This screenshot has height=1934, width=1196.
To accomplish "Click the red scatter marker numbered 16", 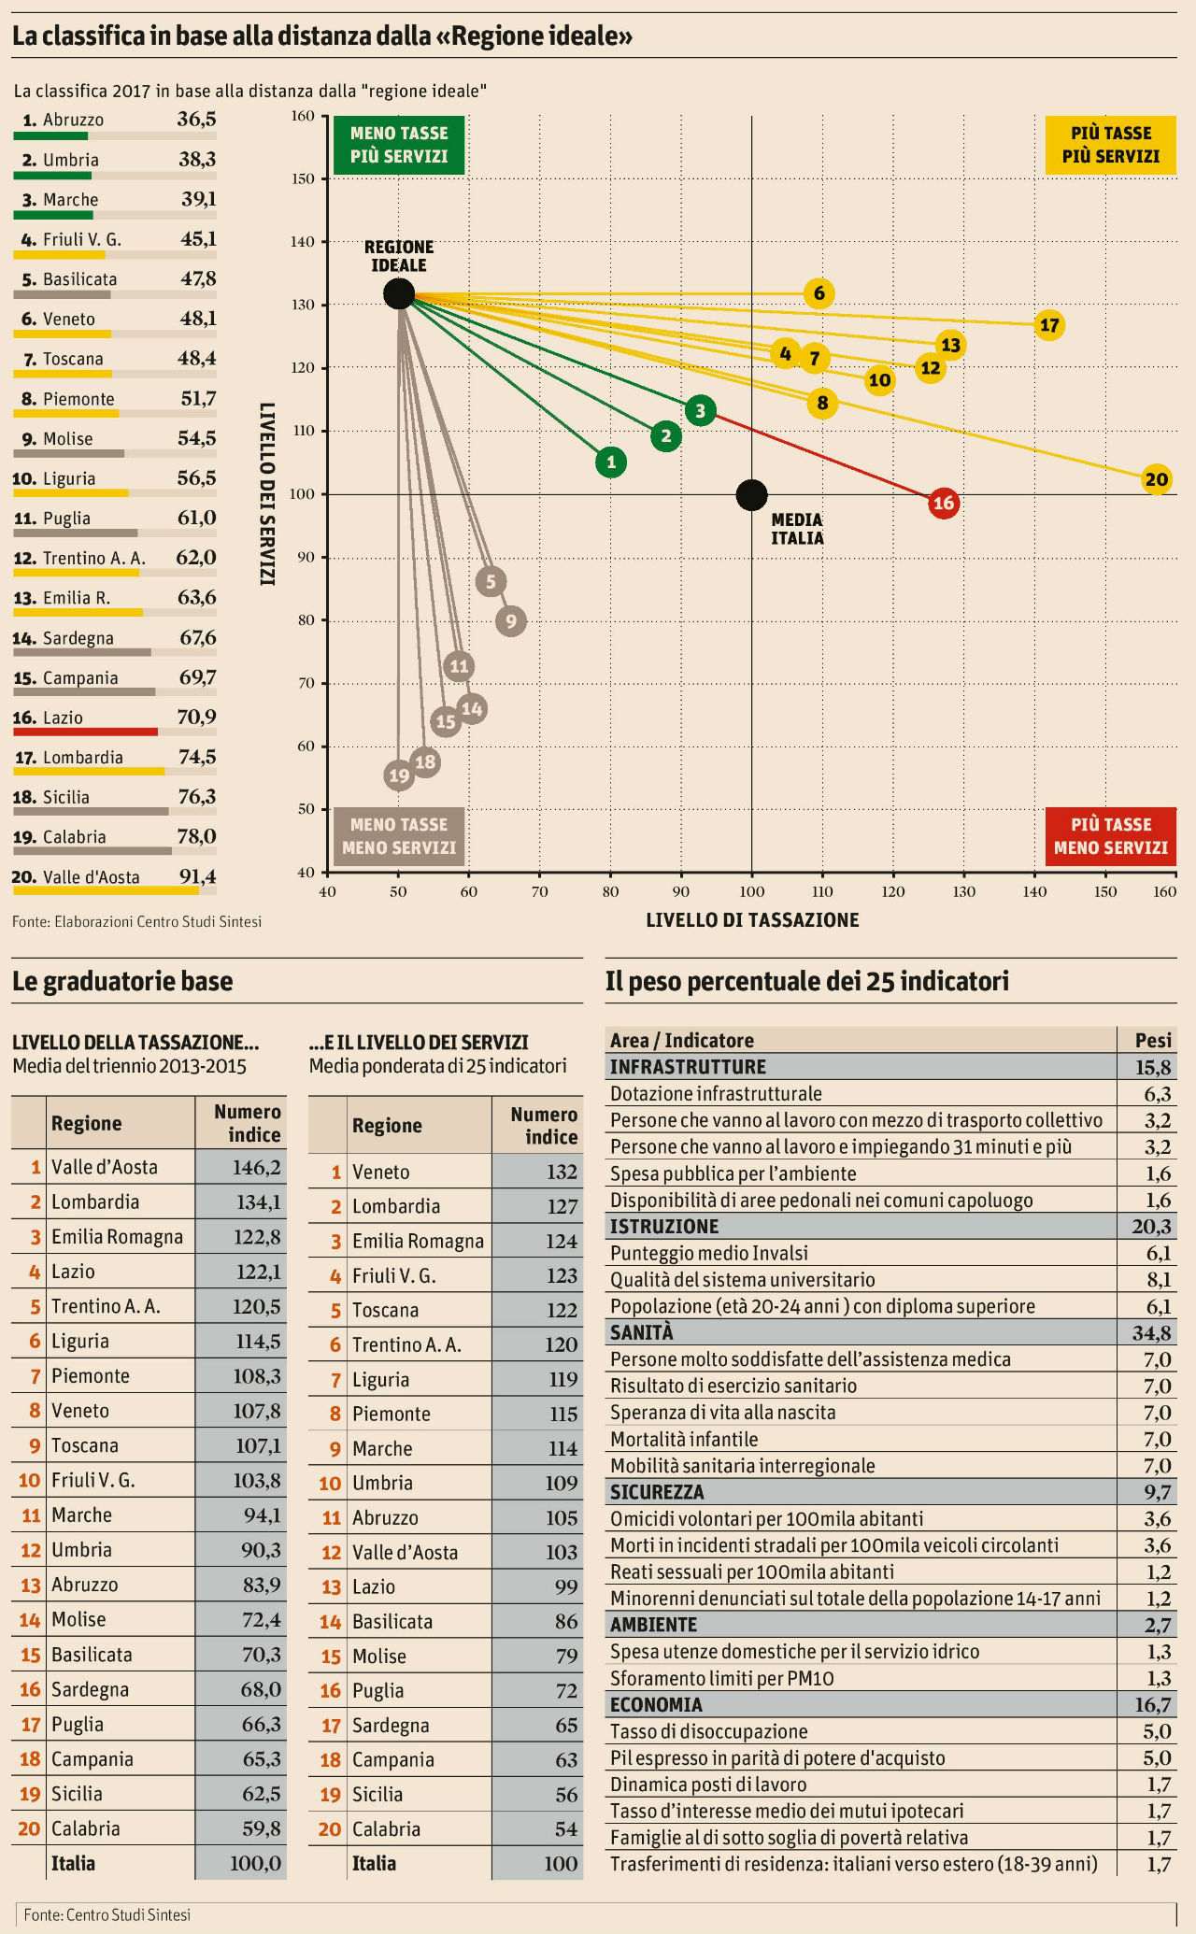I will (944, 504).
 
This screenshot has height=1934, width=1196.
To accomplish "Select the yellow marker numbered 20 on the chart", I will (1156, 480).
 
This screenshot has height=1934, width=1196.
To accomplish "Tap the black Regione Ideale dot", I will (399, 293).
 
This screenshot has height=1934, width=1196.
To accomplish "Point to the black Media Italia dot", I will (751, 495).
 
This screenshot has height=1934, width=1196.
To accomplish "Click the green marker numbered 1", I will (610, 462).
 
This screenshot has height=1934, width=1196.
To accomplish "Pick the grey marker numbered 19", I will (399, 775).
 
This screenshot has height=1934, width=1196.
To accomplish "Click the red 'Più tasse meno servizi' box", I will (1110, 836).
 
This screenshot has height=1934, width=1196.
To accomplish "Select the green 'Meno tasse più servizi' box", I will (399, 145).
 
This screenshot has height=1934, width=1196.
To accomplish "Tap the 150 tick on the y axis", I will (304, 179).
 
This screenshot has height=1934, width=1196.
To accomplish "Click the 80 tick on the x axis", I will (610, 891).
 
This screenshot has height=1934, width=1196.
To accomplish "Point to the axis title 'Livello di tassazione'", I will (752, 920).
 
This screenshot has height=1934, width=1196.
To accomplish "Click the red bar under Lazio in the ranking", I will (85, 732).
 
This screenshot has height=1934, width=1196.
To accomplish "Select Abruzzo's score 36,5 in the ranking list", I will (196, 120).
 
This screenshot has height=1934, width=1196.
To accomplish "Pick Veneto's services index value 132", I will (562, 1172).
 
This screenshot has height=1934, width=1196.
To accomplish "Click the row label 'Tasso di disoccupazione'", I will (708, 1731).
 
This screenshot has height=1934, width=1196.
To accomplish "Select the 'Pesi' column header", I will (1152, 1040).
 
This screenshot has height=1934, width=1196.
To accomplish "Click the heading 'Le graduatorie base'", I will (122, 981).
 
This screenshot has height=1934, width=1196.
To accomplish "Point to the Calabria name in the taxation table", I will (85, 1828).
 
